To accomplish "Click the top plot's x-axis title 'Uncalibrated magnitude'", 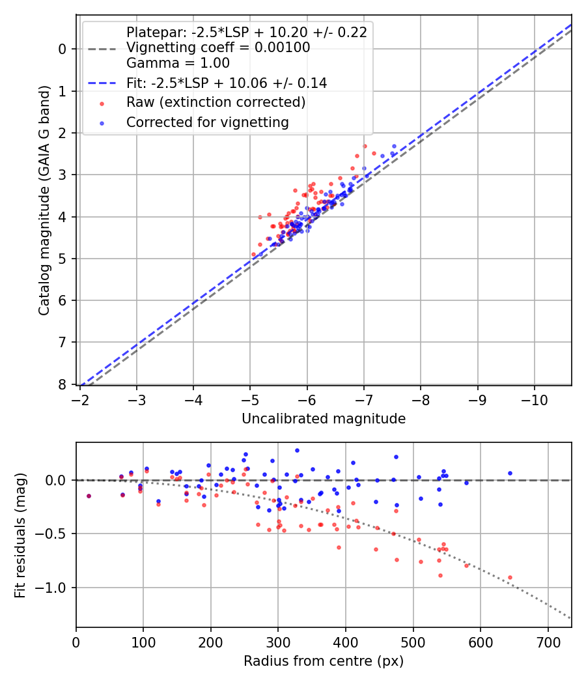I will pos(324,419).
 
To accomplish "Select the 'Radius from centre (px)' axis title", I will pos(324,661).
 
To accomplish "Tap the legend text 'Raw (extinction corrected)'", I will pos(216,102).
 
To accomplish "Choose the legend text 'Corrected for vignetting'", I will pos(208,122).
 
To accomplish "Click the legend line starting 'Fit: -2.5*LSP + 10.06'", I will pos(227,83).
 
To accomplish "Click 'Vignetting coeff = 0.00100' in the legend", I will pos(218,48).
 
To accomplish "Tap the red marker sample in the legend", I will pos(101,103).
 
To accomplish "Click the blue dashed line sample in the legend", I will pos(101,83).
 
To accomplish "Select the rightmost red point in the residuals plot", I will pos(510,577).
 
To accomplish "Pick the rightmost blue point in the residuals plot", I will pos(510,473).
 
